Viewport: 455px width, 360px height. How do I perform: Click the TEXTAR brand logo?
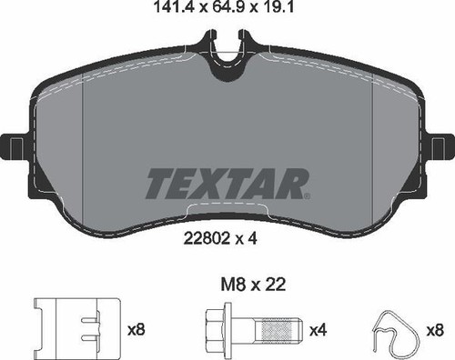pos(228,183)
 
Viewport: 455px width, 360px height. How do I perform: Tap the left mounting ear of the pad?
pos(16,146)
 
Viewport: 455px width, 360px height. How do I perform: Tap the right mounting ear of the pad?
pos(440,146)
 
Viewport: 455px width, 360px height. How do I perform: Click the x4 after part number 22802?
pos(249,242)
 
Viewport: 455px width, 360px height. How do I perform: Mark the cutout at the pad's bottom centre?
pos(227,215)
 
